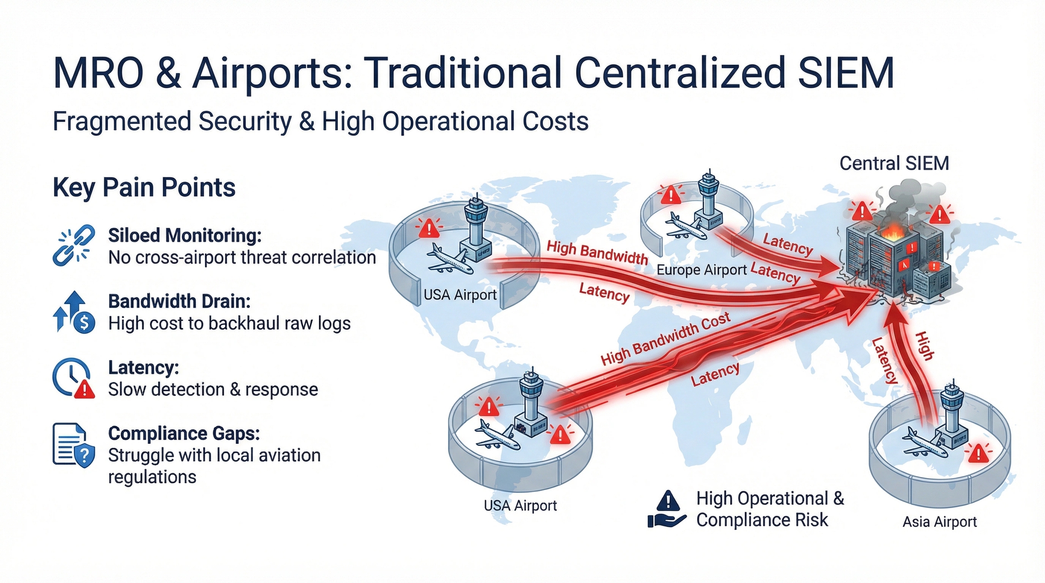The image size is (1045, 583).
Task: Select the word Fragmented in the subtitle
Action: (122, 122)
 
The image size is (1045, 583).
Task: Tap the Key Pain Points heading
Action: (144, 187)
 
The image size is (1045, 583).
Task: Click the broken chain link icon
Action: (74, 245)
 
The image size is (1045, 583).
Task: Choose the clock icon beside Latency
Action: (71, 377)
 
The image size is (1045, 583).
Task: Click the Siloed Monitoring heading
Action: (185, 235)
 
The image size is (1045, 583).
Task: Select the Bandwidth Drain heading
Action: (179, 301)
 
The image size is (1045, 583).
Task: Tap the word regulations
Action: (152, 477)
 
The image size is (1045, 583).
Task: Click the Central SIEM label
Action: (894, 163)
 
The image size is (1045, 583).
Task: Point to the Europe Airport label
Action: (701, 270)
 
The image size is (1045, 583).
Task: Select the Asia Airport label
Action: (939, 522)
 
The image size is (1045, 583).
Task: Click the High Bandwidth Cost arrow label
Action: (665, 338)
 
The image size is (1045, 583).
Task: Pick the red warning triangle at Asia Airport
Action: (978, 453)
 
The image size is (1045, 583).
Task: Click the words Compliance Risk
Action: (762, 520)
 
